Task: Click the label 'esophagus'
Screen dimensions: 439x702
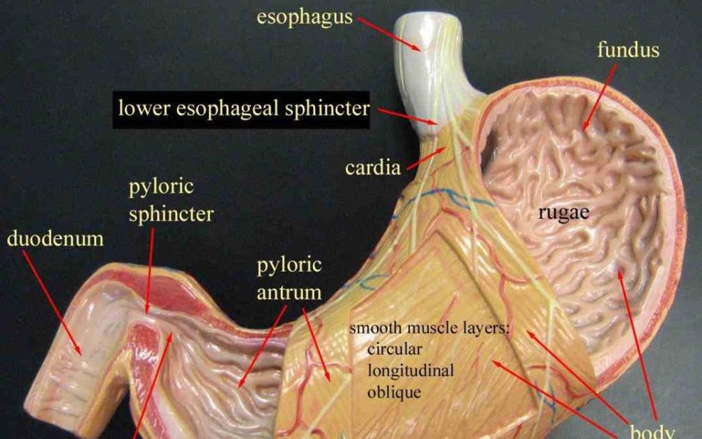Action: point(305,17)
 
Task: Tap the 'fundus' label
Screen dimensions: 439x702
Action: point(627,50)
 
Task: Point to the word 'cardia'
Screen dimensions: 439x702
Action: point(373,168)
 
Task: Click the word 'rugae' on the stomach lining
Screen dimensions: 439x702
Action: point(563,213)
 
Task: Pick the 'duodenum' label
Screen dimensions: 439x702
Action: point(55,239)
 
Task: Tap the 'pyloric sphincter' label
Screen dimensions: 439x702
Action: point(171,201)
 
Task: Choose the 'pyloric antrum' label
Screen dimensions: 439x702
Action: point(289,279)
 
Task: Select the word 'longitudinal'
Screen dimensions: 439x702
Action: point(411,370)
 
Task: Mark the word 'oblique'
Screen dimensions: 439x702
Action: point(394,392)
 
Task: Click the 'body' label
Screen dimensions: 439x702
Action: point(652,431)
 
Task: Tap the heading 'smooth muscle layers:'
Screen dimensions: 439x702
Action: point(429,328)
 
